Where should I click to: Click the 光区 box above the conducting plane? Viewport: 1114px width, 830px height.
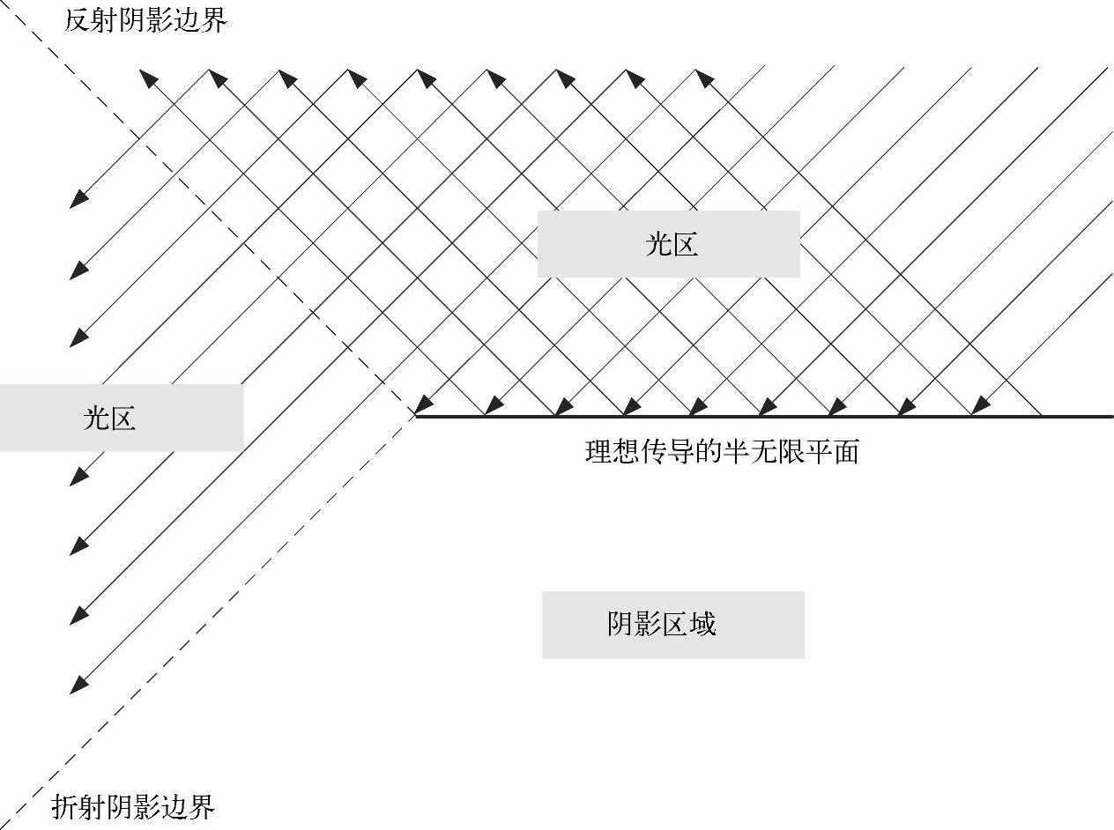point(669,244)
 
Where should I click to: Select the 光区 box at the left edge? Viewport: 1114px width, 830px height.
point(110,418)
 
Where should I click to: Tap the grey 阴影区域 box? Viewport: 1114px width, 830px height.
point(672,624)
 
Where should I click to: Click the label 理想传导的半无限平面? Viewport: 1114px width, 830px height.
point(721,453)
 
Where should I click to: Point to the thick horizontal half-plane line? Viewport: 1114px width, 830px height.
point(793,416)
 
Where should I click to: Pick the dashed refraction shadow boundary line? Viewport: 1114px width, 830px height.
point(220,608)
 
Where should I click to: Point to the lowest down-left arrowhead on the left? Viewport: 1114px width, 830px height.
point(78,685)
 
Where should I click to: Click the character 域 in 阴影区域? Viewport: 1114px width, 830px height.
point(702,624)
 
